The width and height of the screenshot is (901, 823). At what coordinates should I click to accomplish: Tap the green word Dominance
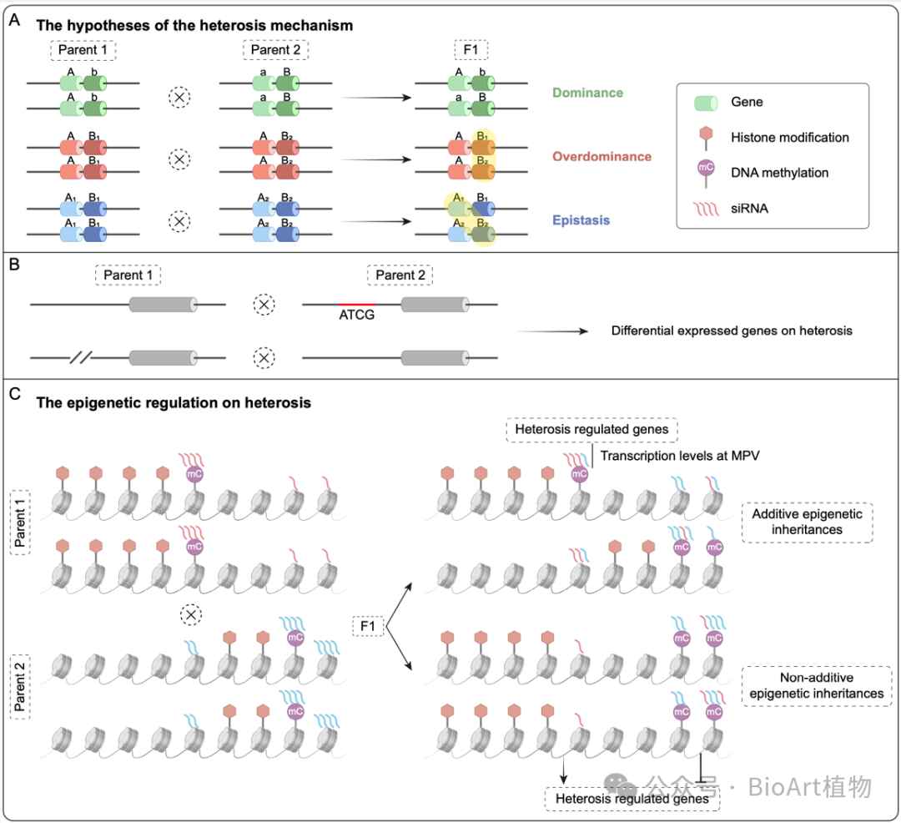coord(593,93)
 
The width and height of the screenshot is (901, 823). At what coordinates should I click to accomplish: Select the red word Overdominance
coord(602,156)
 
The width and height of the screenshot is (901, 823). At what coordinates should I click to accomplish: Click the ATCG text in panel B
coord(356,316)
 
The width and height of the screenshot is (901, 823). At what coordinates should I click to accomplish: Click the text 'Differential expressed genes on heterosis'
coord(731,331)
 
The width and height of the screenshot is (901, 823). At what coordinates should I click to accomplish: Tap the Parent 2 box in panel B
coord(400,275)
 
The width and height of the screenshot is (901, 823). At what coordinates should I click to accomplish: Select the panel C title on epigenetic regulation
coord(174,402)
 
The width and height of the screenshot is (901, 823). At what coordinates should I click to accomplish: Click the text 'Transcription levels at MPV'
coord(680,453)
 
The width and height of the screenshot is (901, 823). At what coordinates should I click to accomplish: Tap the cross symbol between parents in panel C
coord(192,614)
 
